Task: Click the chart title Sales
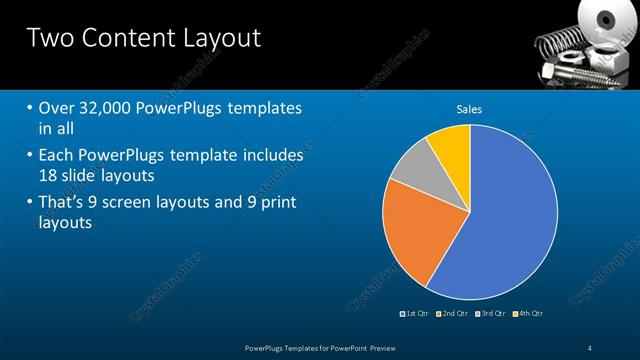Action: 470,108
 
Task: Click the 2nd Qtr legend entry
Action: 455,313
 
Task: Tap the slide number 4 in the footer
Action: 590,347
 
